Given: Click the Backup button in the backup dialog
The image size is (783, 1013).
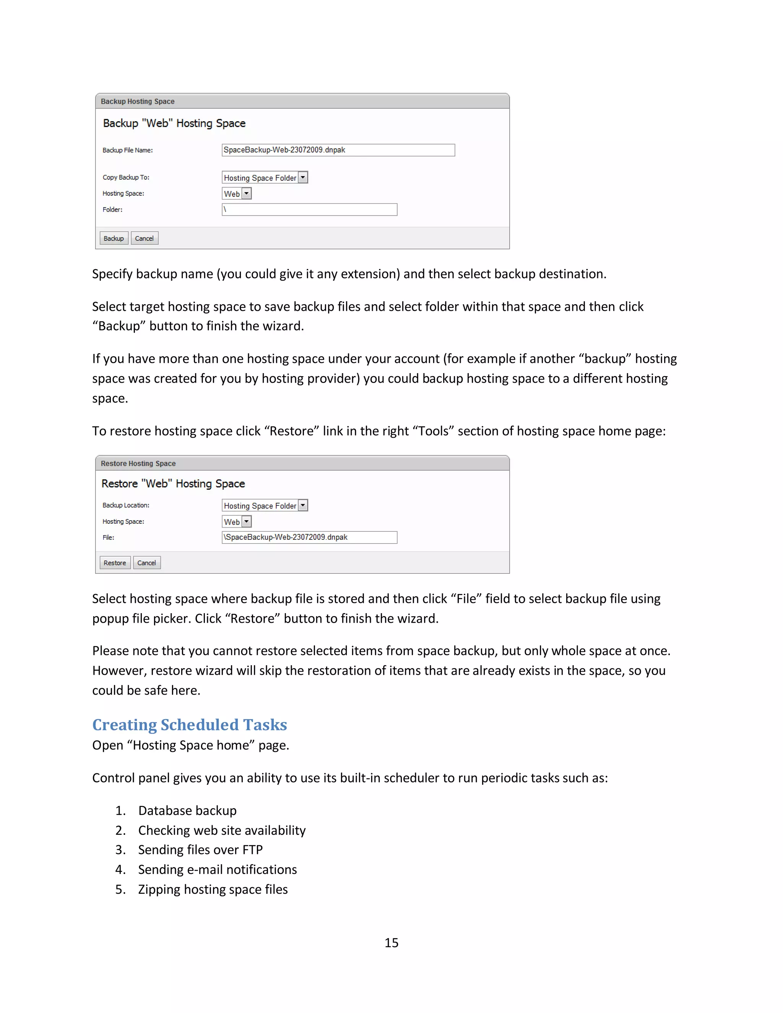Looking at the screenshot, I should tap(114, 239).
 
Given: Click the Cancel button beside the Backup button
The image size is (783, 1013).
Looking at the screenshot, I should tap(144, 239).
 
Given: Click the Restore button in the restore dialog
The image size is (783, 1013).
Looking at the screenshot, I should tap(115, 563).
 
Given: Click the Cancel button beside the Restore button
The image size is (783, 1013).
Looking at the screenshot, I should tap(146, 563).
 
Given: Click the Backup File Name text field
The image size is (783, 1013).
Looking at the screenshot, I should tap(338, 150).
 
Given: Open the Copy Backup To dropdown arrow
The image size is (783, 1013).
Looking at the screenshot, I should tap(303, 178).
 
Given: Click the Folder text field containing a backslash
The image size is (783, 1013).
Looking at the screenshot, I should tap(309, 209).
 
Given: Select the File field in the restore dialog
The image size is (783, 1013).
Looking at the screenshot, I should tap(309, 537).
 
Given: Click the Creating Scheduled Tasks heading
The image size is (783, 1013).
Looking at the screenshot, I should tap(189, 724).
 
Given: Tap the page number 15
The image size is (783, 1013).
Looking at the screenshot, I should tap(391, 943).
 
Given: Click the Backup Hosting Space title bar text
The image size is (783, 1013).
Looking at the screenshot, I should tap(138, 102).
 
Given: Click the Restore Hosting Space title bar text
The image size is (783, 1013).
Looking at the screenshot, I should tap(138, 463).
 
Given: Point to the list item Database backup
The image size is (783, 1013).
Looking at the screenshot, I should tap(187, 810).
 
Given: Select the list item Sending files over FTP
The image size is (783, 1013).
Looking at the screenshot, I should tap(200, 850).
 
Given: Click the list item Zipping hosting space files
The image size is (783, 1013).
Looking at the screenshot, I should tap(213, 889).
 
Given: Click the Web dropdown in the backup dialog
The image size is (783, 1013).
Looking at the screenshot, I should tap(237, 194).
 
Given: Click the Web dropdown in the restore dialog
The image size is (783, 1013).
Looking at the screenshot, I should tap(237, 522).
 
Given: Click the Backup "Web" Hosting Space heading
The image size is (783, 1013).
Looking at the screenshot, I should tap(174, 123).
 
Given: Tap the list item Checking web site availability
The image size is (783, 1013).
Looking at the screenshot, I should tap(222, 830).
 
